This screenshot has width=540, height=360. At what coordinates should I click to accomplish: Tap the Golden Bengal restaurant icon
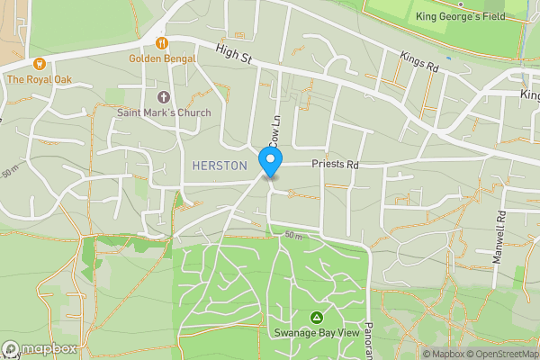(x=162, y=42)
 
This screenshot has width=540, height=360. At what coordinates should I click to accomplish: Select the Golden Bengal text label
(x=162, y=58)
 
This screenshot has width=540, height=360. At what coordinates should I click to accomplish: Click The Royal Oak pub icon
(x=40, y=64)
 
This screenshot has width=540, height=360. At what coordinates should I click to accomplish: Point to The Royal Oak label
(x=40, y=79)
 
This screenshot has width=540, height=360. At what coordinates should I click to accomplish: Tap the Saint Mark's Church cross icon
(x=163, y=97)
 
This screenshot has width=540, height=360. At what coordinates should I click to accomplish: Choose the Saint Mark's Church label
(x=163, y=112)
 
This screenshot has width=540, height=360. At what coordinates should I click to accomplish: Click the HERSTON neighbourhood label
(x=220, y=165)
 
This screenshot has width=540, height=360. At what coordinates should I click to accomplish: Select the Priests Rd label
(x=335, y=165)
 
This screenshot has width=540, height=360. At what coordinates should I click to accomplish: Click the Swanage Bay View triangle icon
(x=317, y=318)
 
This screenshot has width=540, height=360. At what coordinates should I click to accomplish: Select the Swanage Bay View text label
(x=317, y=333)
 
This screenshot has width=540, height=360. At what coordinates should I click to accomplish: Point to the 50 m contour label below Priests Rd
(x=293, y=235)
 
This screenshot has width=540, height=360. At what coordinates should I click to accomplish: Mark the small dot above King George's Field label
(x=459, y=4)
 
